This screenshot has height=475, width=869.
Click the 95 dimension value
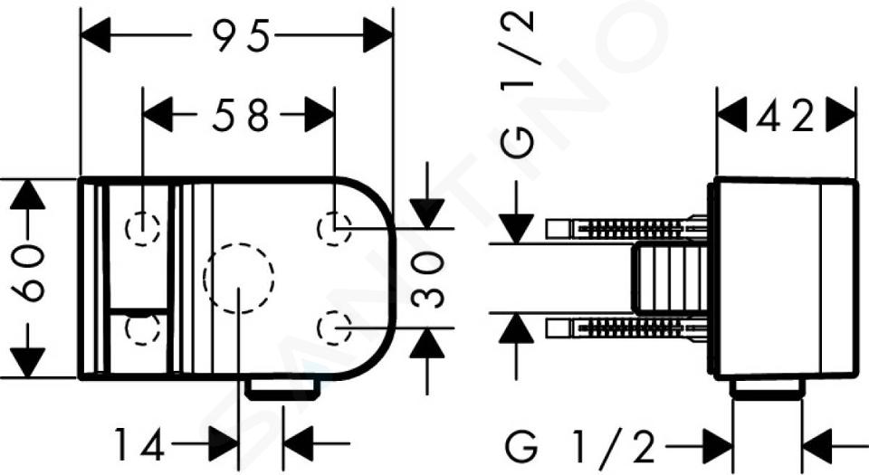pos(243,35)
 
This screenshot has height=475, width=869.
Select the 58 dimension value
pos(241,115)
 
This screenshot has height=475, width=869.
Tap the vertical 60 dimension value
pos(28,273)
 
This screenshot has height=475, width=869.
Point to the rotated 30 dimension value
pos(428,279)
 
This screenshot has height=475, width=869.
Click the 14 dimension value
pos(139,444)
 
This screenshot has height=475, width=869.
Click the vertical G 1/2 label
pos(517,83)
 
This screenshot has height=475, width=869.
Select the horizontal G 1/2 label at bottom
pos(580,447)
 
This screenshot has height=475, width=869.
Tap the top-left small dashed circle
pos(143,228)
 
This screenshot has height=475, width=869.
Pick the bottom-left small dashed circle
pos(143,328)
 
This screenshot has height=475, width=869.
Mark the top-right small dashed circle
pos(334,228)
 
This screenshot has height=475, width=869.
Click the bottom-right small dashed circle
pos(334,328)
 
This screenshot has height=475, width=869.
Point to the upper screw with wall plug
pos(626,227)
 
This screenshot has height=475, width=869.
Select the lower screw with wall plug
pos(626,328)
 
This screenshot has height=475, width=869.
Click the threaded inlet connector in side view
pos(672,278)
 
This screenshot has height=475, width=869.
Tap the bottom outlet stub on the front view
pos(283,389)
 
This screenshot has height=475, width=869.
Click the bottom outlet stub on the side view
pos(767,389)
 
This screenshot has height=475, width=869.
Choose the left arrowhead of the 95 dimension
pos(95,35)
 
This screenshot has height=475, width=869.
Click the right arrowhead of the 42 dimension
pos(841,116)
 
